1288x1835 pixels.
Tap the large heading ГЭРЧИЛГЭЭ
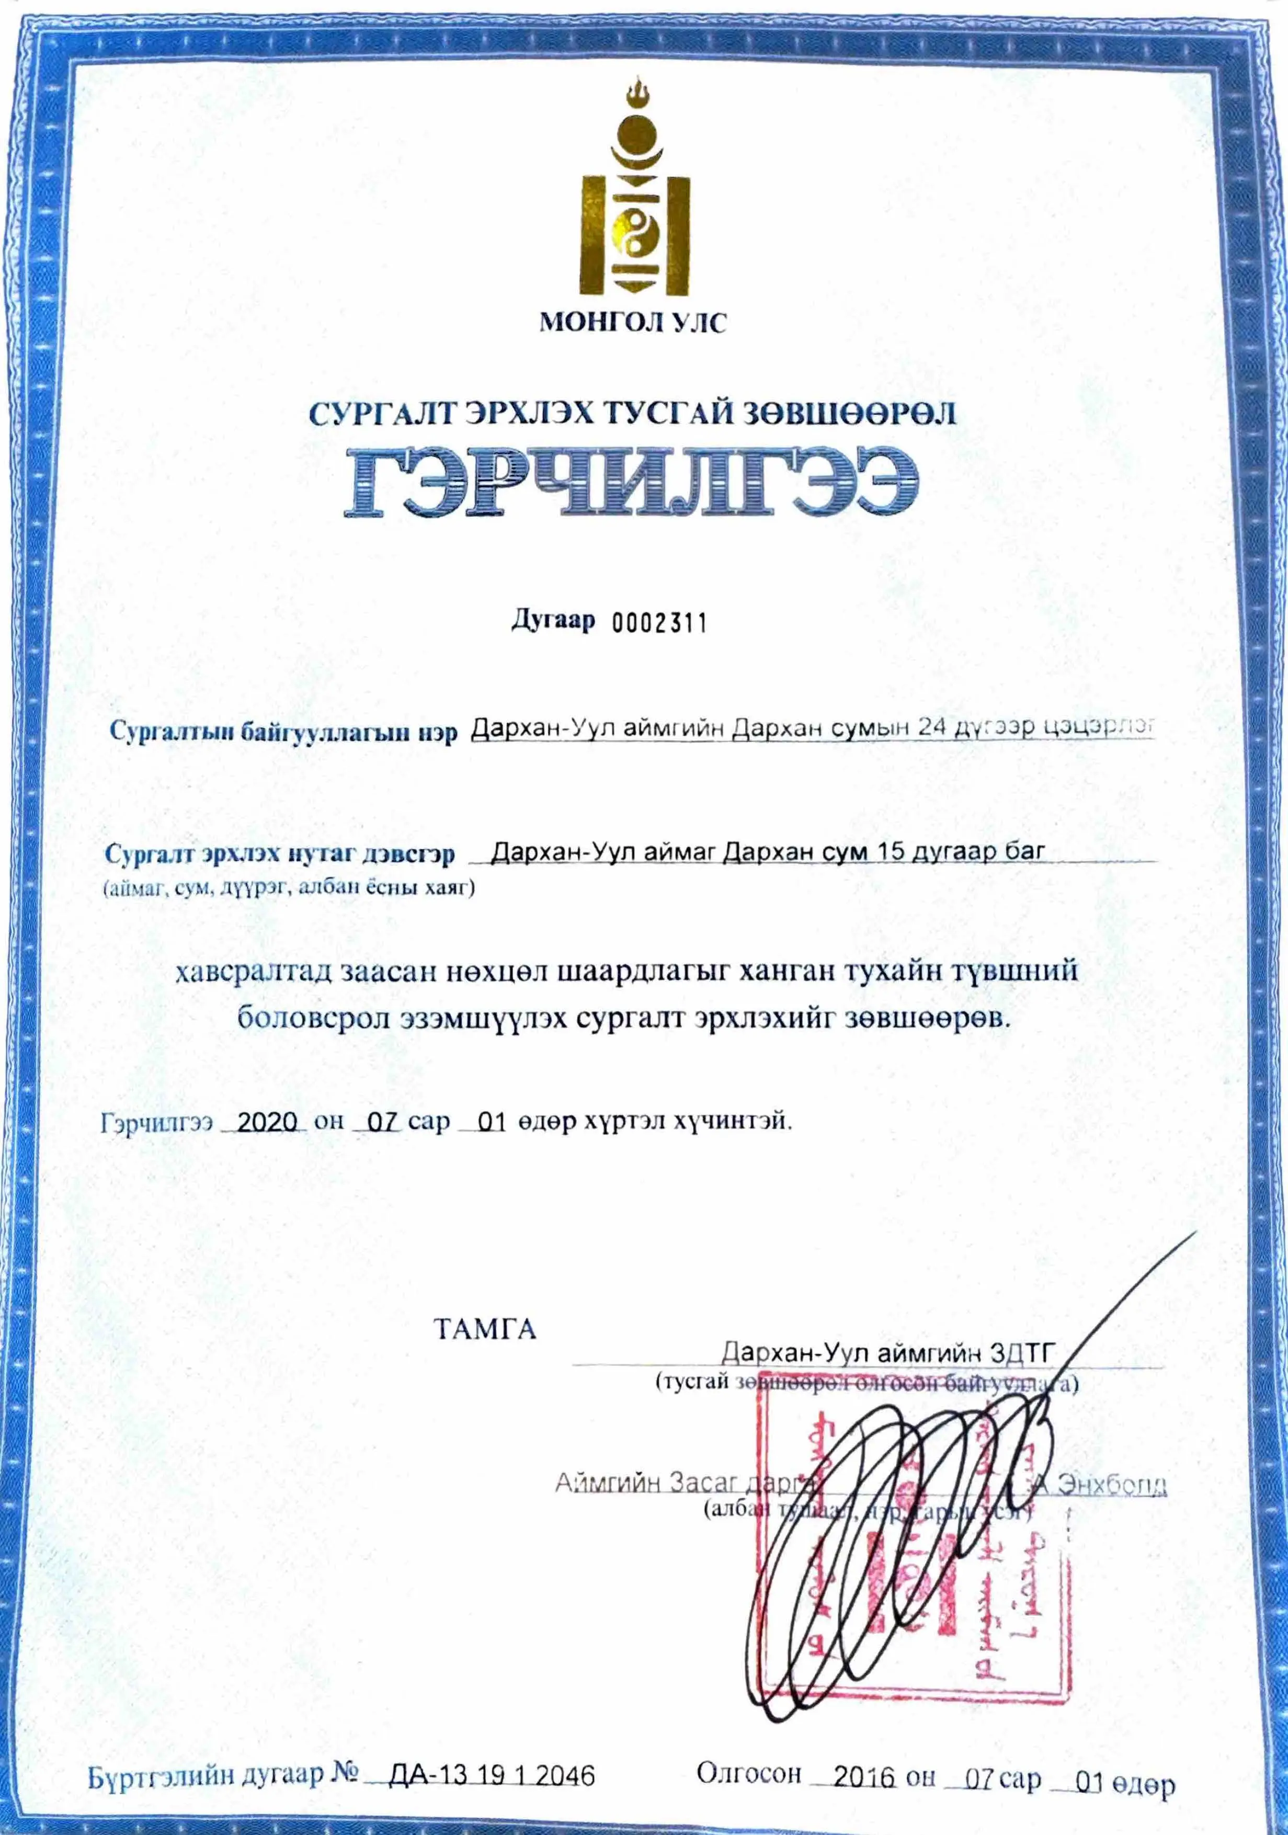coord(631,482)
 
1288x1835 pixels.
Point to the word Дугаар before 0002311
coord(553,620)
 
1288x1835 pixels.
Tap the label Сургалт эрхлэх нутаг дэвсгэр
coord(280,854)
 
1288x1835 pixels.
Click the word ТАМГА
coord(484,1329)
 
